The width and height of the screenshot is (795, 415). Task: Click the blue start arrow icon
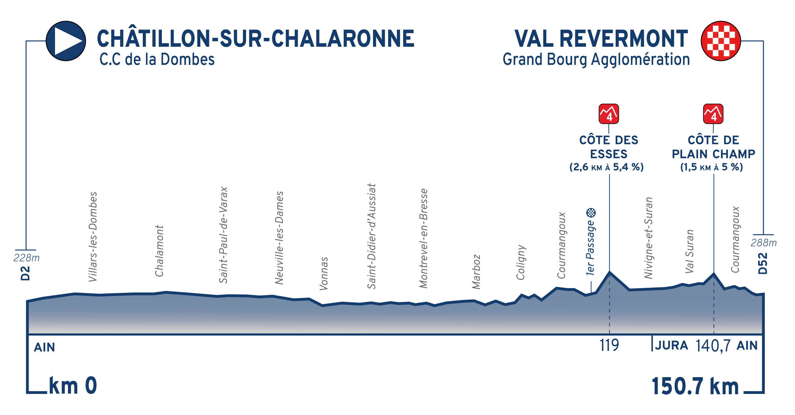coord(66,41)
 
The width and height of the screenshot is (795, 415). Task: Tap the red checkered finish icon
coord(721,41)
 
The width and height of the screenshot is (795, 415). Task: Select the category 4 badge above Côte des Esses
coord(609,114)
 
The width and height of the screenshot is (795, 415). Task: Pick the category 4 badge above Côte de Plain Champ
coord(713,114)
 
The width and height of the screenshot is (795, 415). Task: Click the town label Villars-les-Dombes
coord(93,237)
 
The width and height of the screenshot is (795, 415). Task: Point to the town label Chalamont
coord(159,251)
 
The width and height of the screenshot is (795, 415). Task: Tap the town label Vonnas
coord(324,273)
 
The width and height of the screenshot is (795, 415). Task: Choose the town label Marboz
coord(476,272)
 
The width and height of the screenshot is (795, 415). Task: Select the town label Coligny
coord(521,262)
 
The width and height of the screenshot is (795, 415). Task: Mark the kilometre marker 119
coord(609,345)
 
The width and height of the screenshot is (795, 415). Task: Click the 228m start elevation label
coord(26,258)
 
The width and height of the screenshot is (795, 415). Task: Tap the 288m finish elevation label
coord(764,243)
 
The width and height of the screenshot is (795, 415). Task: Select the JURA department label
coord(671,345)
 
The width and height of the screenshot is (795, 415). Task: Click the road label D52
coord(763,263)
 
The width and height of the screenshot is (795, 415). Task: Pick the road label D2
coord(25,273)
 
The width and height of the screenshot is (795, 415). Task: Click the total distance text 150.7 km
coord(695,386)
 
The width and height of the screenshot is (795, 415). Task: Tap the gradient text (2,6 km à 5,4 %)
coord(606,167)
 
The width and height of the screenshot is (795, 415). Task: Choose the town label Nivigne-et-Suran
coord(648,238)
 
